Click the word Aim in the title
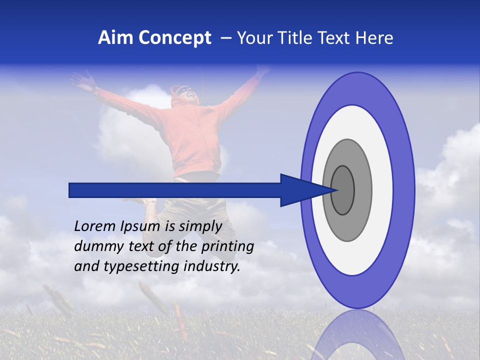[x=116, y=38]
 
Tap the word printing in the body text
[x=227, y=247]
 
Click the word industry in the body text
[x=212, y=266]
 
